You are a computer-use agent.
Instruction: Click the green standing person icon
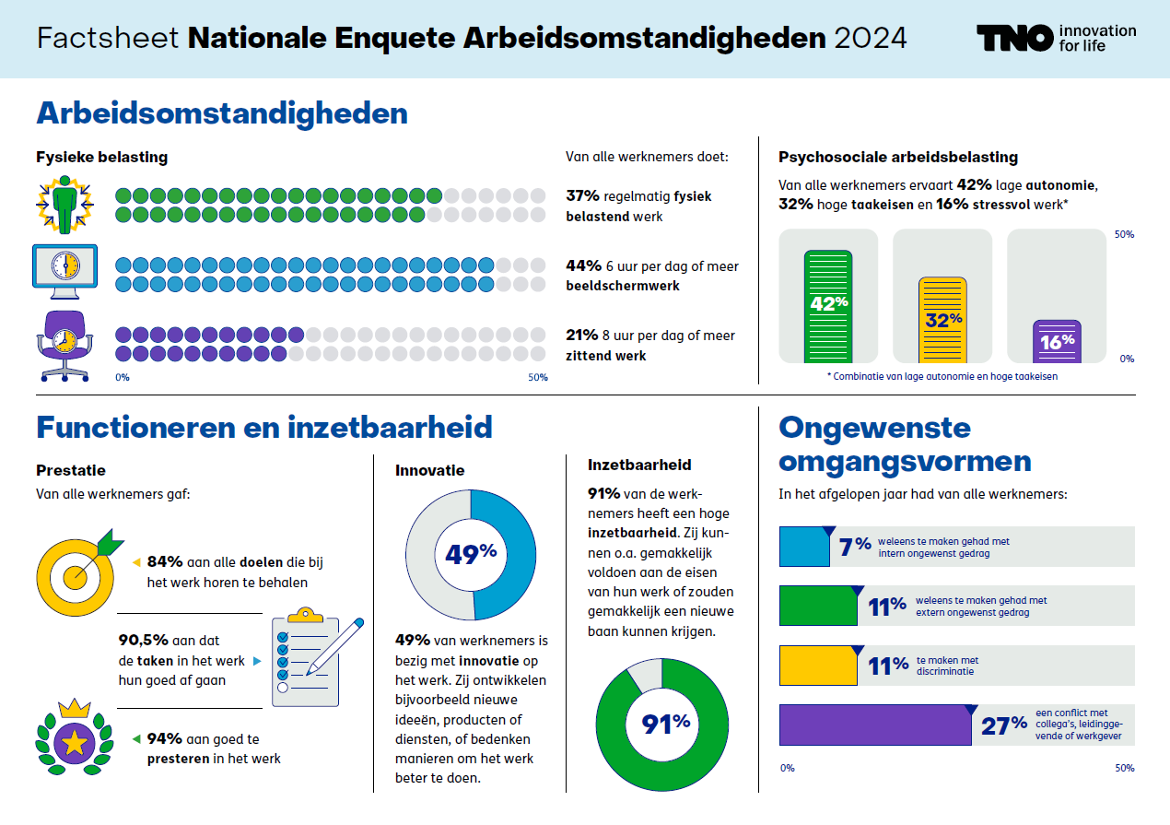(x=64, y=205)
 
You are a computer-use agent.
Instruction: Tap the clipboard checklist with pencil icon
(x=313, y=655)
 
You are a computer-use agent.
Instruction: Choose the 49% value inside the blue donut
(x=470, y=553)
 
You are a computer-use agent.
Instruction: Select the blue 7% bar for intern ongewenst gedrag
(x=803, y=546)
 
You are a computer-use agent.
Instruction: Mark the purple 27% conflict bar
(x=874, y=725)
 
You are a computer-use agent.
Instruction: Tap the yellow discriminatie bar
(x=817, y=666)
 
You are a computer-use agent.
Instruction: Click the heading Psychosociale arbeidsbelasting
(x=898, y=158)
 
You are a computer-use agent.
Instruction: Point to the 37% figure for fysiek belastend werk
(x=582, y=196)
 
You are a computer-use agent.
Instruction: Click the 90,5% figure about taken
(x=143, y=641)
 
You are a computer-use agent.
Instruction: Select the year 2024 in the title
(x=870, y=39)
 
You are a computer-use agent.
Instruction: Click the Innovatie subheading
(x=430, y=470)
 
